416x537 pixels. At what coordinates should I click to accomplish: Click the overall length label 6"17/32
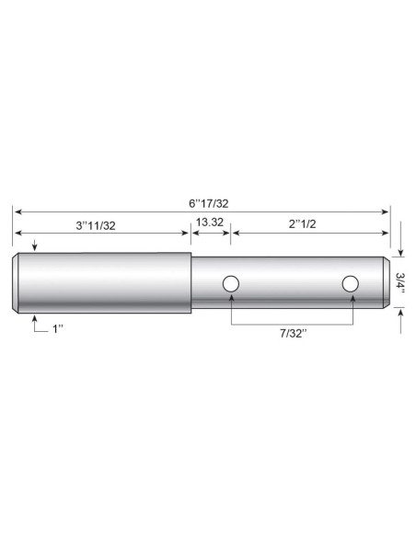point(208,203)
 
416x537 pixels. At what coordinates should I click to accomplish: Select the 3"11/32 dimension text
point(96,225)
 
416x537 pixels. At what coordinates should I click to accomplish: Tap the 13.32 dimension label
point(209,223)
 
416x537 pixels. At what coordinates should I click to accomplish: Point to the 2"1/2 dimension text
point(302,224)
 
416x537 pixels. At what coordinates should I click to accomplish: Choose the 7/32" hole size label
point(293,333)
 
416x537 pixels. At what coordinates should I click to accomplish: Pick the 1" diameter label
point(58,329)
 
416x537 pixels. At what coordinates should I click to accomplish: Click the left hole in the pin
point(231,283)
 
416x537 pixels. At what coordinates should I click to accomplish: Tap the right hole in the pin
point(351,284)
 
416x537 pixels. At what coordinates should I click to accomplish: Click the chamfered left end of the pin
point(16,283)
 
